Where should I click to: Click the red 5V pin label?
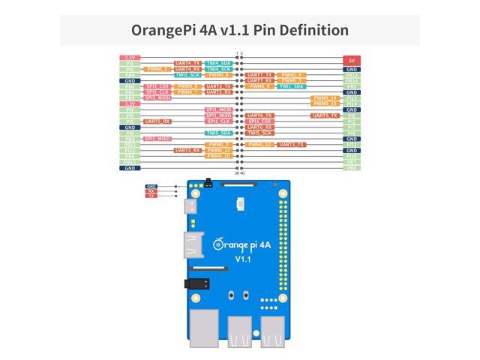click(x=352, y=58)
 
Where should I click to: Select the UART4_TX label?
click(x=187, y=63)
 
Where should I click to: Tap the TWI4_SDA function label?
click(x=218, y=63)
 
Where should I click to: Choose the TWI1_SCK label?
click(x=187, y=75)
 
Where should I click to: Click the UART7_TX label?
click(x=259, y=75)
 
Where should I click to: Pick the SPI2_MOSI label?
click(x=157, y=97)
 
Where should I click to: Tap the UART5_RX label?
click(x=157, y=121)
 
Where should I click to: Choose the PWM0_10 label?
click(x=218, y=156)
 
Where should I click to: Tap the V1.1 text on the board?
click(x=242, y=258)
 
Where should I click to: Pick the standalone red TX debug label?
click(x=151, y=196)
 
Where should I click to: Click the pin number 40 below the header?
click(x=242, y=173)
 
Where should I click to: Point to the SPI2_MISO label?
click(x=157, y=139)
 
